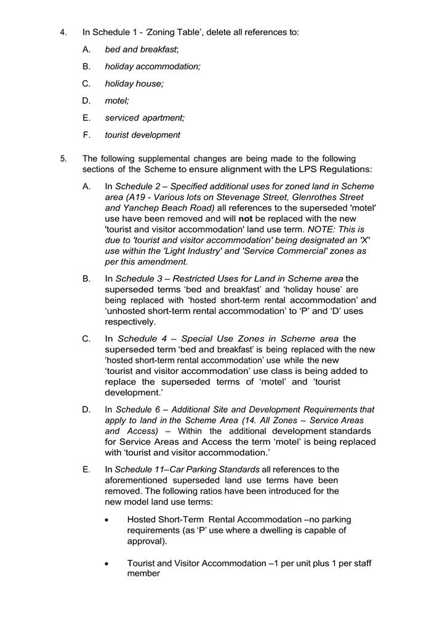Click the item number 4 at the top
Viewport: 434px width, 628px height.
pyautogui.click(x=63, y=32)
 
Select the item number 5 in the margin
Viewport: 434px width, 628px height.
pyautogui.click(x=63, y=159)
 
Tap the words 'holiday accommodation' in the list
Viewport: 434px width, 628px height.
pyautogui.click(x=153, y=66)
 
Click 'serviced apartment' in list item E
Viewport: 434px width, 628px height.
pyautogui.click(x=145, y=117)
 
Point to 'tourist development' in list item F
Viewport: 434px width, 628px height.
pyautogui.click(x=143, y=135)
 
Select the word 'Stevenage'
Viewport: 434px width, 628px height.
pyautogui.click(x=256, y=197)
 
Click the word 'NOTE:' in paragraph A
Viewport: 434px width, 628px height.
pyautogui.click(x=321, y=229)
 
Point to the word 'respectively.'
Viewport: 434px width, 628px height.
pyautogui.click(x=131, y=322)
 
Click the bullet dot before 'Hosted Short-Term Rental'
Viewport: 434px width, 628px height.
pyautogui.click(x=107, y=520)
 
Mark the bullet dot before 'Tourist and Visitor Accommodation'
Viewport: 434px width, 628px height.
pyautogui.click(x=107, y=563)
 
